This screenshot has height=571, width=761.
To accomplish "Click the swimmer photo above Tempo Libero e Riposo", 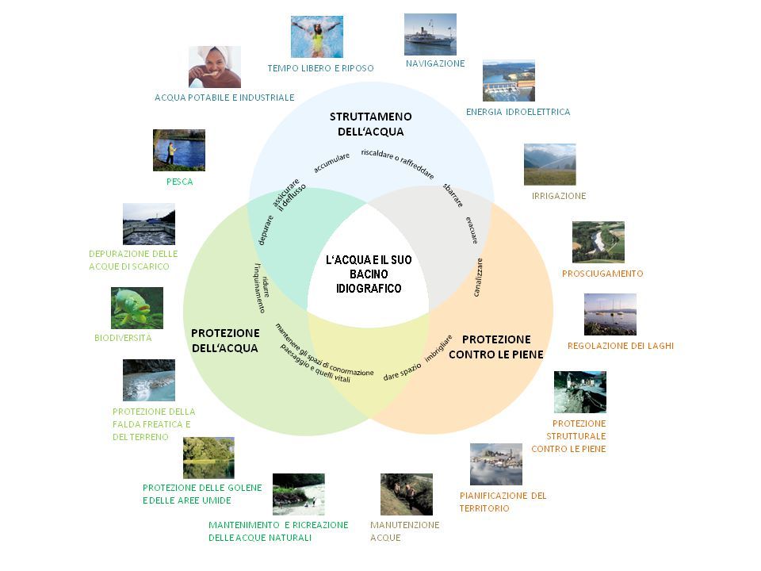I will [317, 36].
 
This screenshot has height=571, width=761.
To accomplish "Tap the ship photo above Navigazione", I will [430, 34].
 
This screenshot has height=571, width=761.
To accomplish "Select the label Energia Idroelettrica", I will [518, 112].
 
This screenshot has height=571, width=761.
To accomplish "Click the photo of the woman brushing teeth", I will [214, 67].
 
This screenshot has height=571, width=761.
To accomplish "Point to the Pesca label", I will [180, 182].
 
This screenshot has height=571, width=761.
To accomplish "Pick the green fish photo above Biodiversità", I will [137, 308].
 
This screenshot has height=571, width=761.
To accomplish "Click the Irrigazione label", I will [558, 195].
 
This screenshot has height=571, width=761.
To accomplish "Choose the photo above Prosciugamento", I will [598, 242].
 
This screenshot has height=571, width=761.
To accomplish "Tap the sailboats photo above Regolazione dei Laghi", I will [610, 314].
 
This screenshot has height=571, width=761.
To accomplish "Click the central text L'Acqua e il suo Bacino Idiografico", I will [369, 274].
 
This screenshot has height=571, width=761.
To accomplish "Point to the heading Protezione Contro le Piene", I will [495, 347].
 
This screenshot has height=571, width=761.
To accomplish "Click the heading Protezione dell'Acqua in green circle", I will [225, 339].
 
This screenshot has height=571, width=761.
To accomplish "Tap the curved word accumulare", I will [331, 163].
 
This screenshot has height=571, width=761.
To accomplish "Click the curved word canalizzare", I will [479, 278].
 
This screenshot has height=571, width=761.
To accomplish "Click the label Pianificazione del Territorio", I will [503, 501].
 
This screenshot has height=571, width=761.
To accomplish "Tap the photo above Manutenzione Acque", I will [406, 494].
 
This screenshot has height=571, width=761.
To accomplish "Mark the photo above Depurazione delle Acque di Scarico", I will [149, 224].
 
